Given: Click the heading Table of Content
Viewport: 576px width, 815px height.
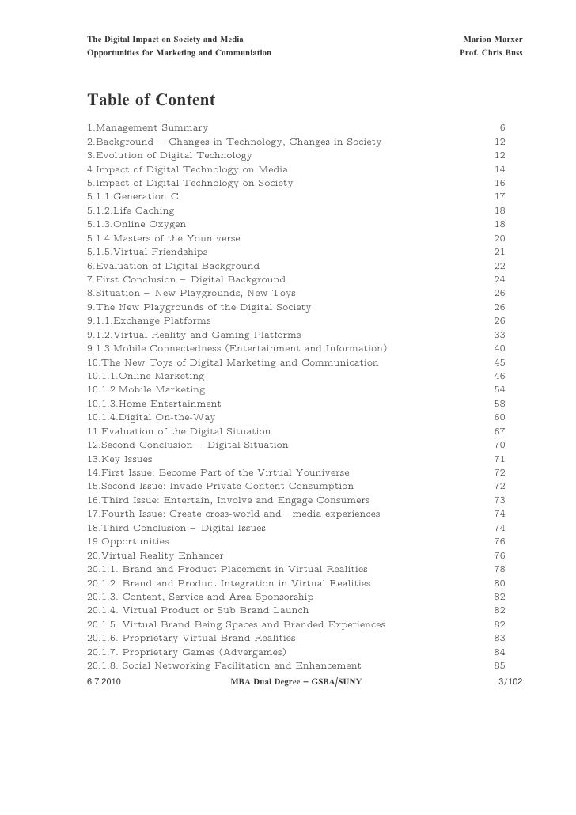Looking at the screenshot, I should click(x=150, y=100).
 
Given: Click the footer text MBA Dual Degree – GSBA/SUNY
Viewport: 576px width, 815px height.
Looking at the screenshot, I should click(x=295, y=680).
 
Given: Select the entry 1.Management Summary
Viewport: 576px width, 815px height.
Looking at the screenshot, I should click(x=148, y=127).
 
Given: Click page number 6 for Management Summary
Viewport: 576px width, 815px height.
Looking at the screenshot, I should click(x=502, y=127).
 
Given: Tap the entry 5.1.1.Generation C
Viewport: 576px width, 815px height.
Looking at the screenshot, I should click(x=133, y=196).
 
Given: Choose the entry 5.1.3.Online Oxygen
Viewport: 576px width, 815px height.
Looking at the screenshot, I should click(x=137, y=225).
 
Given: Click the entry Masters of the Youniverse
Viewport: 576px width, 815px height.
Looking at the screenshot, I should click(x=164, y=238).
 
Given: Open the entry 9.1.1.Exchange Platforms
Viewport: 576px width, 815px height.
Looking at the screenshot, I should click(x=149, y=321).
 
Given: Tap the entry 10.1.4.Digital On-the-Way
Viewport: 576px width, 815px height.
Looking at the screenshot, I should click(x=151, y=418).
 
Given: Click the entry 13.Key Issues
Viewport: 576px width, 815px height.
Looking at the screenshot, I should click(x=119, y=459).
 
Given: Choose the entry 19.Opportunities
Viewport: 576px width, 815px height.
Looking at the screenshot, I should click(x=128, y=542).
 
